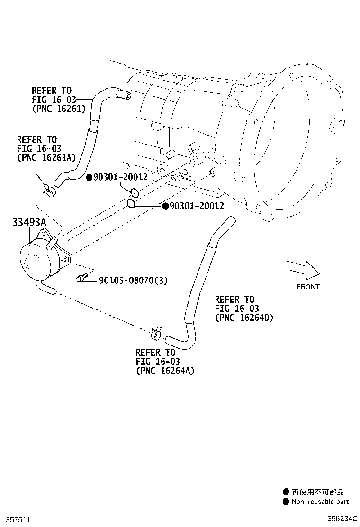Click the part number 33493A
coord(29,222)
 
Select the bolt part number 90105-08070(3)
coord(133,280)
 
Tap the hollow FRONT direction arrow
coord(303,270)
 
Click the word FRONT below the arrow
coord(308,287)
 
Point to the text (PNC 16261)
coord(59,109)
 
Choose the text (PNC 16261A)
coord(46,157)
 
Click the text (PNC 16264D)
coord(244,317)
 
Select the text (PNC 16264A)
coord(165,371)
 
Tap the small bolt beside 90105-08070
coord(81,278)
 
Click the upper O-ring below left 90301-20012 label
coord(135,192)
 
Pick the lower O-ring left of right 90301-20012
coord(131,203)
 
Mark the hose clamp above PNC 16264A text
coord(156,334)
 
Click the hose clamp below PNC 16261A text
coord(49,191)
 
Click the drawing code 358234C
coord(342,519)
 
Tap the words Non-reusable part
coord(320,502)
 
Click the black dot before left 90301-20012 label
coord(90,177)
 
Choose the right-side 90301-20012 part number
coord(197,206)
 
